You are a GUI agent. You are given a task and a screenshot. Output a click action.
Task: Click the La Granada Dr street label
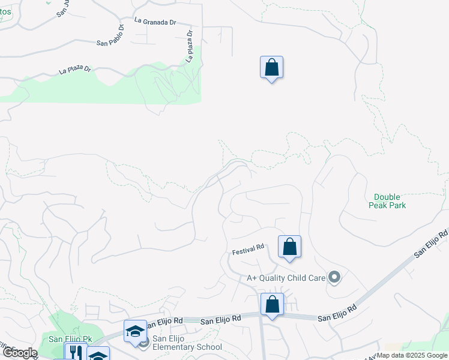coord(155,21)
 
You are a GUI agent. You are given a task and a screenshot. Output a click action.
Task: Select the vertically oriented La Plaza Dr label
coord(190,46)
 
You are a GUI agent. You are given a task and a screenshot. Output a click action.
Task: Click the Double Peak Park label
coord(390,201)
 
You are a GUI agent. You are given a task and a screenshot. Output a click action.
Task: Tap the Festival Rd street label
coord(249,247)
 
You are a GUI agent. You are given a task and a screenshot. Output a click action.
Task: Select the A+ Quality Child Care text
coord(286,278)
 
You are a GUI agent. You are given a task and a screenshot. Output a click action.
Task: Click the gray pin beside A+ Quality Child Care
coord(335,277)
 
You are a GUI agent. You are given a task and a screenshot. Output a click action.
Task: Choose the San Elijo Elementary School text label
coord(187,343)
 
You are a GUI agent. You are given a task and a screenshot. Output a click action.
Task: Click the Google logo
coord(19,353)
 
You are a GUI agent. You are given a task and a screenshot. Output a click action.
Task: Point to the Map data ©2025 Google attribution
coord(412,355)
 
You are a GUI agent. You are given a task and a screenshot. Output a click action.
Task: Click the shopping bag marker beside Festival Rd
coord(289,247)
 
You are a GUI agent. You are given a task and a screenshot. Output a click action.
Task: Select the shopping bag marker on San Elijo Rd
coord(272,304)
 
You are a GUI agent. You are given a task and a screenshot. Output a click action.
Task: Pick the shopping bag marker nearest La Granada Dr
coord(271,67)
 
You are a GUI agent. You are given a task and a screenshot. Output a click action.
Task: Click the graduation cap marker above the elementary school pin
coord(135,331)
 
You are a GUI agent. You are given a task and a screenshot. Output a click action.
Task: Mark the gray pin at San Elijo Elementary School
coord(143,343)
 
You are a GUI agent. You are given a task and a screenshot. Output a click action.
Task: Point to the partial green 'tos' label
coord(6,11)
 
